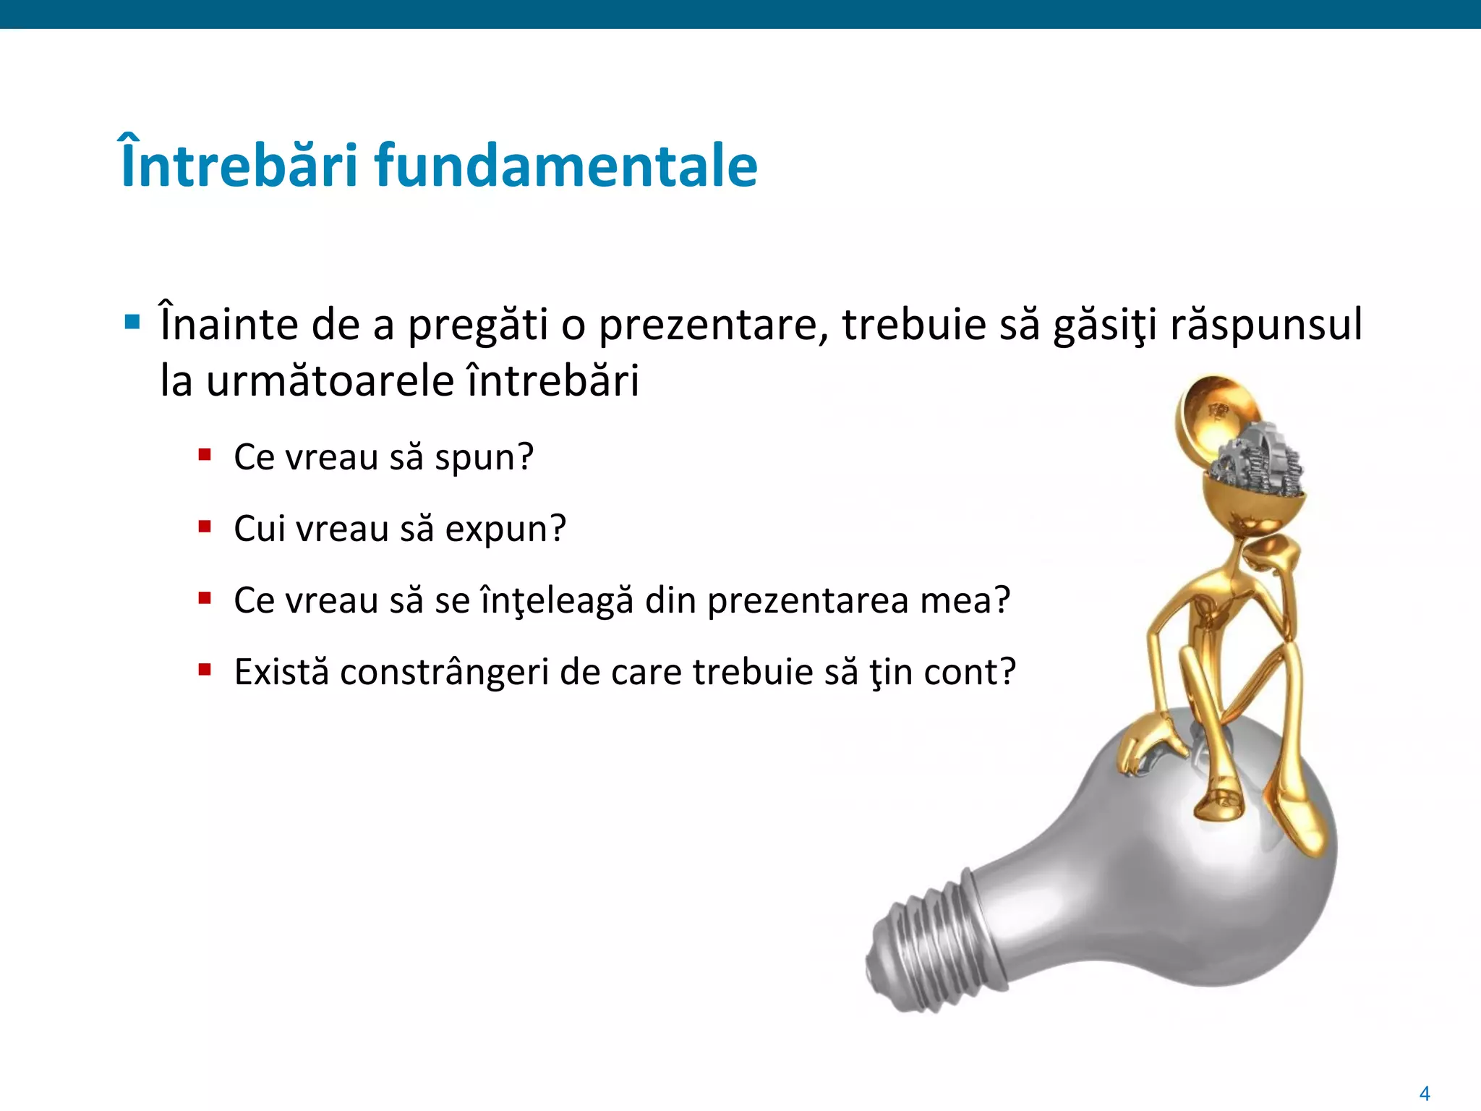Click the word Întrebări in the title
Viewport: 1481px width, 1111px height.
tap(239, 166)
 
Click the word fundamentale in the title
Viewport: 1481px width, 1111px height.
tap(565, 166)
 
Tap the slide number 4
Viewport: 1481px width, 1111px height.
tap(1425, 1093)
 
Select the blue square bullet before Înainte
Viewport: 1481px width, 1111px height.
tap(132, 322)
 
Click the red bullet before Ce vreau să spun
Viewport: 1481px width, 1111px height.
tap(205, 455)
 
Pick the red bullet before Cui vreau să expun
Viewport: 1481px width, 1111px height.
tap(205, 527)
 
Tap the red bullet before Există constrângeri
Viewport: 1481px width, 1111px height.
tap(205, 670)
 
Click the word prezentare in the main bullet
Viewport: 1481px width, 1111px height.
tap(712, 325)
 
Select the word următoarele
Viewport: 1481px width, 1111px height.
tap(330, 381)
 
